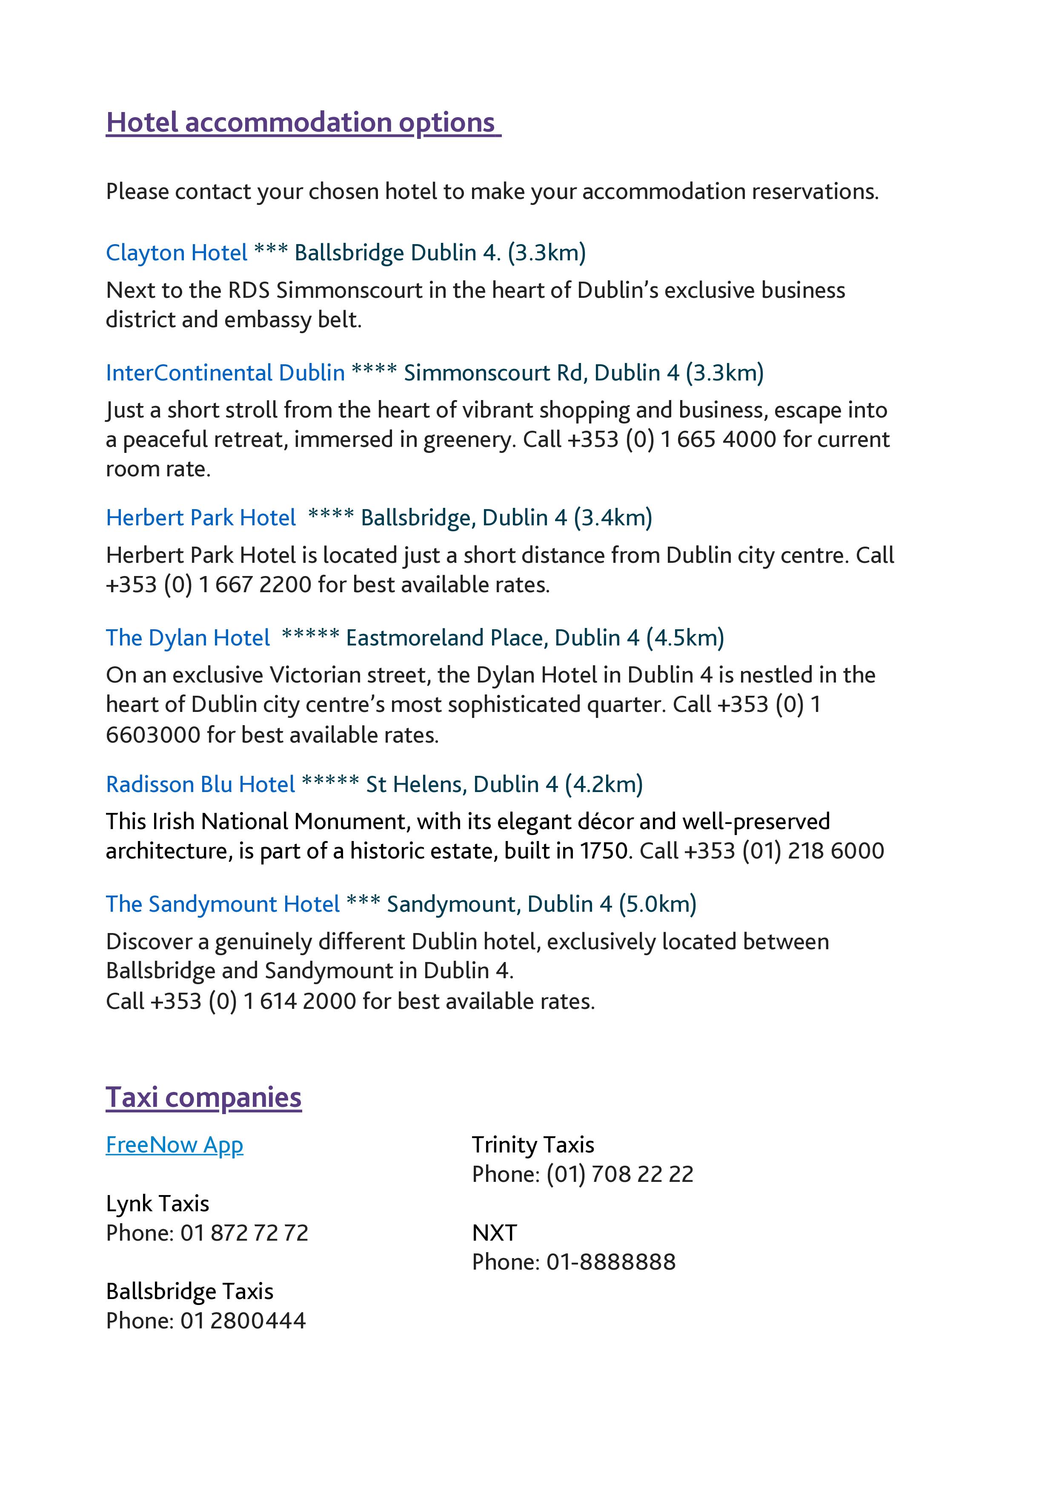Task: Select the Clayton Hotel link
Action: (x=176, y=253)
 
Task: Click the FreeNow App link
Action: (x=175, y=1145)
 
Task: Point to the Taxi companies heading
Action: (x=203, y=1097)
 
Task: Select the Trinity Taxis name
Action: (x=533, y=1145)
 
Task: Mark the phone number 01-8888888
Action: (x=611, y=1262)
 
